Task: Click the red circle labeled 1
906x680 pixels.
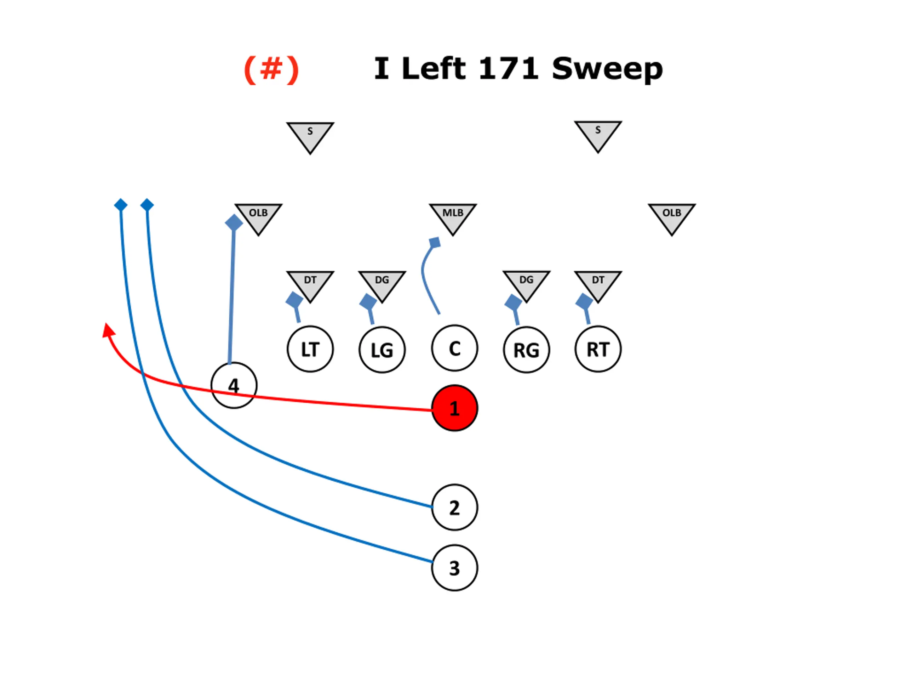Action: (x=454, y=408)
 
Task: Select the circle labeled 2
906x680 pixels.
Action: (x=454, y=508)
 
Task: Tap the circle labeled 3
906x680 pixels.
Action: (x=454, y=568)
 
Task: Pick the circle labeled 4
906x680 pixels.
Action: (x=234, y=385)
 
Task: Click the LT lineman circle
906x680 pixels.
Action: (x=310, y=349)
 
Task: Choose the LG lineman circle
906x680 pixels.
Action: (x=382, y=350)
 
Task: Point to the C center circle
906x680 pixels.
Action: (x=454, y=348)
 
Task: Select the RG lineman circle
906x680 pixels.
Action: (x=526, y=350)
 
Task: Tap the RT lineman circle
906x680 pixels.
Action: (x=598, y=349)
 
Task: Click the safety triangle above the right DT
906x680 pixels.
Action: (x=598, y=133)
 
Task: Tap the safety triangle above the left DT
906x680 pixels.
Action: (x=310, y=135)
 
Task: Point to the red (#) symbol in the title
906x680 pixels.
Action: (x=271, y=70)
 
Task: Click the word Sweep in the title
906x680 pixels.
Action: (x=607, y=69)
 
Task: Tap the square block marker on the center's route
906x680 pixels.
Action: (x=435, y=243)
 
